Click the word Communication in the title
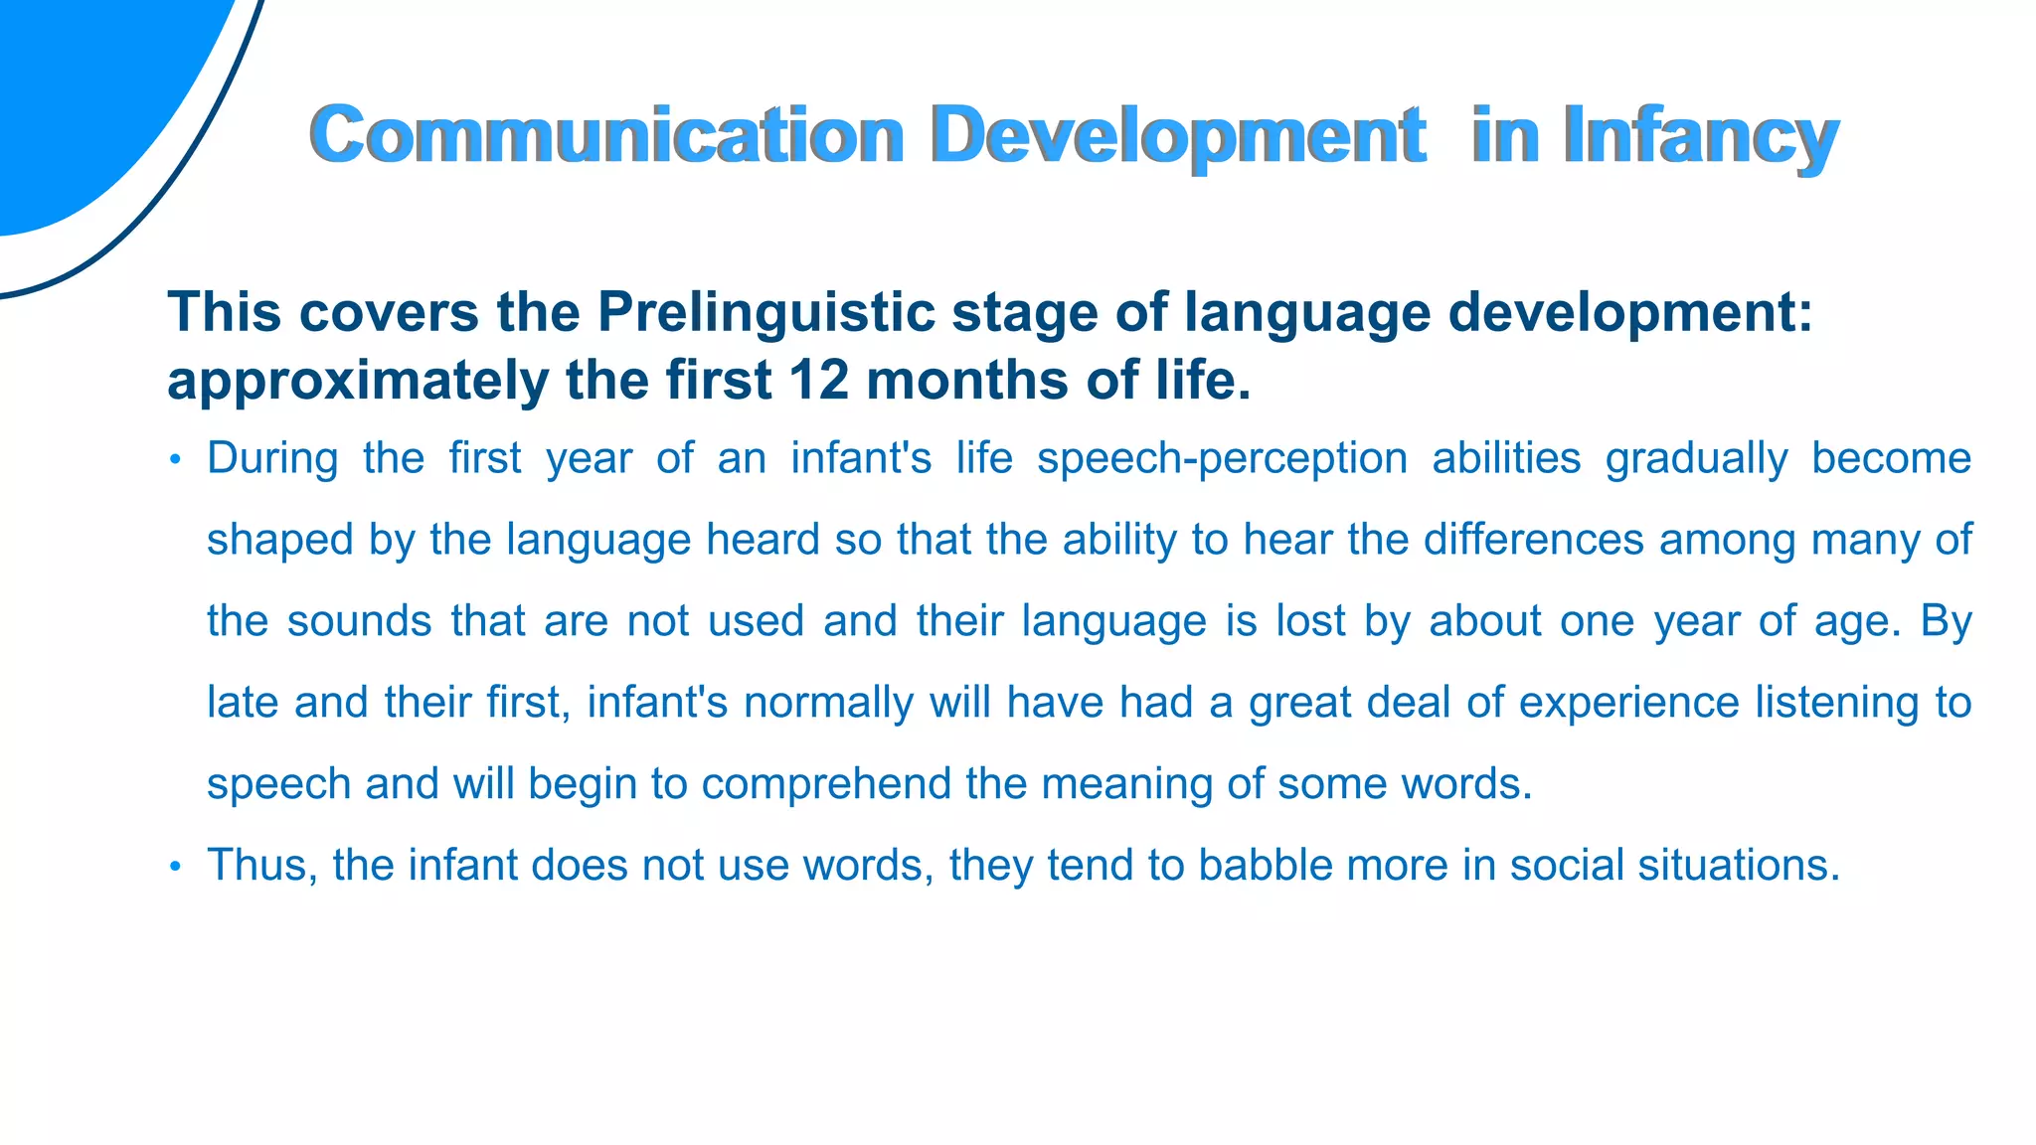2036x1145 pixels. [x=606, y=135]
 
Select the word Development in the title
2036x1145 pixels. [x=1178, y=135]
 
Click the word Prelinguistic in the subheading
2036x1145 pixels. [x=765, y=312]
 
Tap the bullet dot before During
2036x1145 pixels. [x=175, y=460]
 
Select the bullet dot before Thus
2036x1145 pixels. [x=175, y=867]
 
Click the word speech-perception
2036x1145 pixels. [x=1222, y=458]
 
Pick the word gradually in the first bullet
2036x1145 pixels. [x=1696, y=458]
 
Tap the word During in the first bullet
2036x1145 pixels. [x=272, y=458]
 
